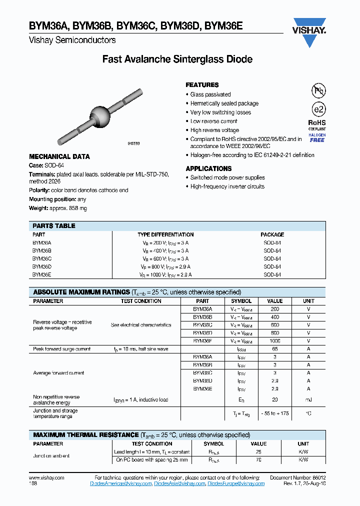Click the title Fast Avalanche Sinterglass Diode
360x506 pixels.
177,59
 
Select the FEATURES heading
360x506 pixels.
202,85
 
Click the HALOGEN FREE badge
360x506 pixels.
317,137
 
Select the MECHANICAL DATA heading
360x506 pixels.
59,156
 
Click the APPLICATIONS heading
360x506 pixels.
208,168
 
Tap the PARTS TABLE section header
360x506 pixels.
54,226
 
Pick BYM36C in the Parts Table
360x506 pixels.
42,259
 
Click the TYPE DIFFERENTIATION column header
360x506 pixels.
165,234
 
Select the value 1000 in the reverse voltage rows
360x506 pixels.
274,340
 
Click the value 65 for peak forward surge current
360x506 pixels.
274,349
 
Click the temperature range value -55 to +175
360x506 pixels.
274,413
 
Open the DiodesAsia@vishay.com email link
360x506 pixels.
179,483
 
